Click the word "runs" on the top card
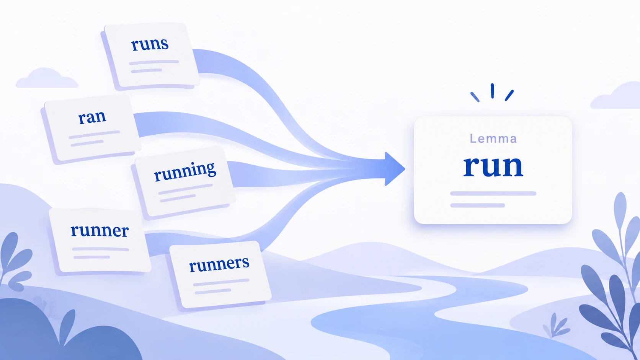[150, 45]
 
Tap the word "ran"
[92, 117]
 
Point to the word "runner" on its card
[100, 231]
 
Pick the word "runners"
[219, 264]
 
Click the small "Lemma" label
[493, 139]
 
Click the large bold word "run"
[493, 166]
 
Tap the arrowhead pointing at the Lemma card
[394, 169]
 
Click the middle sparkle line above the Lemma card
[492, 91]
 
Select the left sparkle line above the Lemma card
[475, 97]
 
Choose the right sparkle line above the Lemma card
[509, 95]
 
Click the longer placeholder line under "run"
[493, 194]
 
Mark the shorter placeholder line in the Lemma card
[477, 205]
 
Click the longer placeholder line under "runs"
[154, 62]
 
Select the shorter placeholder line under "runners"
[213, 291]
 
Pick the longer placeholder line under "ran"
[94, 134]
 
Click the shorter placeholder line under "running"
[178, 198]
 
